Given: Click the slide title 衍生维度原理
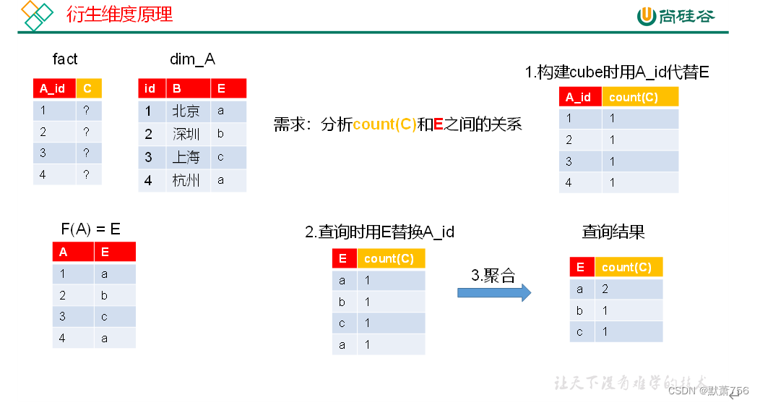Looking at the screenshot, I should pyautogui.click(x=120, y=14).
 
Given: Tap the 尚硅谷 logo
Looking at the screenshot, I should pyautogui.click(x=675, y=15).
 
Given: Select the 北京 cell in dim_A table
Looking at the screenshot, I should pyautogui.click(x=186, y=111).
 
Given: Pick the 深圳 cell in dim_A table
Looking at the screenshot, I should pyautogui.click(x=186, y=134).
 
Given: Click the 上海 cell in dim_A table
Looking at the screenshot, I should pyautogui.click(x=186, y=157).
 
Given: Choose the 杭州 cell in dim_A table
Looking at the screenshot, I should pyautogui.click(x=186, y=180).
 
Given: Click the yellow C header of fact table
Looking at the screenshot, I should pyautogui.click(x=88, y=88).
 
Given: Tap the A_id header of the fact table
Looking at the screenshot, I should pyautogui.click(x=53, y=88).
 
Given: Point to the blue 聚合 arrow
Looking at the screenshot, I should pyautogui.click(x=494, y=292).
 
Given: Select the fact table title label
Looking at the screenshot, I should pyautogui.click(x=65, y=59).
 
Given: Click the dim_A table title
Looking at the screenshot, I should pyautogui.click(x=192, y=59).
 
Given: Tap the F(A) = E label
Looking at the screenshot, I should pyautogui.click(x=90, y=229).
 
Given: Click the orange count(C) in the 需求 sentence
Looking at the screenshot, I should pyautogui.click(x=384, y=124).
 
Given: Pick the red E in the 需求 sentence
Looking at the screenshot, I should pyautogui.click(x=438, y=124).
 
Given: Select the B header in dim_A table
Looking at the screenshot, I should pyautogui.click(x=176, y=88).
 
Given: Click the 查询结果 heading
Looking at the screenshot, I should pyautogui.click(x=613, y=232).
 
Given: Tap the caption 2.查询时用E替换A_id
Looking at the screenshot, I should pyautogui.click(x=379, y=232).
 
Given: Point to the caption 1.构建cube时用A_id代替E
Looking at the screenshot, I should pyautogui.click(x=616, y=72).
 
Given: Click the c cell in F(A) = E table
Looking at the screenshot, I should pyautogui.click(x=105, y=317).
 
